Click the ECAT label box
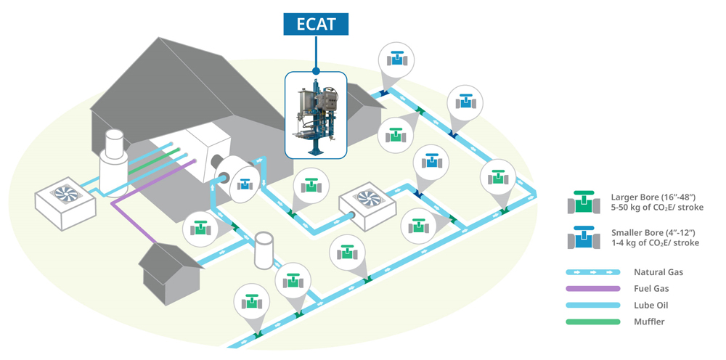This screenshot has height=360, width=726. tap(316, 23)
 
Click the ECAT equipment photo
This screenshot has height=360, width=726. tap(316, 115)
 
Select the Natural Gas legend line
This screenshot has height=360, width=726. tap(593, 272)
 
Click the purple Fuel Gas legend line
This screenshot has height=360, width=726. tap(593, 289)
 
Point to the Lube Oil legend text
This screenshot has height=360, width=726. tap(650, 306)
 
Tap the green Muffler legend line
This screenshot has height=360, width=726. tap(593, 322)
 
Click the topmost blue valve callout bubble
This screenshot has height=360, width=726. tap(396, 60)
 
